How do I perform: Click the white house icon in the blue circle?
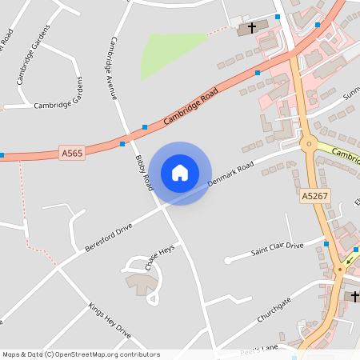click(180, 173)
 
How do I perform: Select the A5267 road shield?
click(315, 195)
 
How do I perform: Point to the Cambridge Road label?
click(190, 106)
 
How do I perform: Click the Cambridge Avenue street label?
click(113, 68)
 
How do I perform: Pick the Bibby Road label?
click(144, 172)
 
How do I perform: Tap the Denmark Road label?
click(230, 174)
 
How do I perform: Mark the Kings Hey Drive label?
click(109, 318)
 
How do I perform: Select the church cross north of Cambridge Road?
click(252, 28)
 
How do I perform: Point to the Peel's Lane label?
click(258, 349)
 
